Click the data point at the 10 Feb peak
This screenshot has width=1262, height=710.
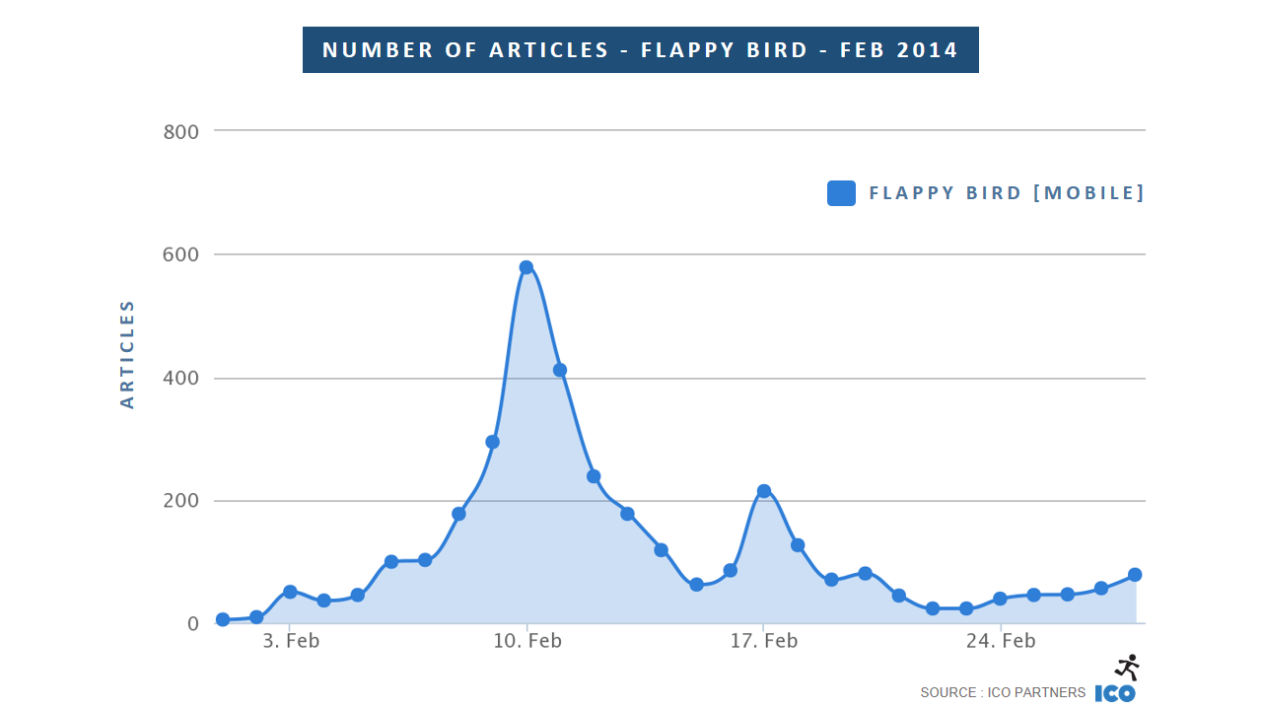click(526, 267)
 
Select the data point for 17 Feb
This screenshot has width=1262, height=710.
click(764, 491)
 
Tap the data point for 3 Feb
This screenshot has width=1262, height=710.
click(290, 592)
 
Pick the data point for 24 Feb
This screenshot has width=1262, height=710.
click(1000, 599)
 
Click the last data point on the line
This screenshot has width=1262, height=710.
click(1135, 575)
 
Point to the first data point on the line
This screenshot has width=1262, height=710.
click(223, 619)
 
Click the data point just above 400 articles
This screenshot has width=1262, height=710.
click(560, 370)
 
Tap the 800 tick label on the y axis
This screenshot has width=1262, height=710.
click(180, 131)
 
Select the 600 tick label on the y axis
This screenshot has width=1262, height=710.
click(180, 254)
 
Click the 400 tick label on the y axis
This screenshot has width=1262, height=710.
click(180, 379)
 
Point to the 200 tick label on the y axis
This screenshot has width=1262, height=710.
click(180, 501)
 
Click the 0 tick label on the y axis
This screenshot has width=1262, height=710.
click(192, 624)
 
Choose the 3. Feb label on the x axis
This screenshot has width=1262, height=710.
click(291, 642)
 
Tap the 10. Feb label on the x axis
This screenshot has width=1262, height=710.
click(527, 642)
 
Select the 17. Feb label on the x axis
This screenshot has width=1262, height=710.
click(764, 642)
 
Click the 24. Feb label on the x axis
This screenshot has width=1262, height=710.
click(1001, 642)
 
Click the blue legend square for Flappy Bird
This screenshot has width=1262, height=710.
click(841, 193)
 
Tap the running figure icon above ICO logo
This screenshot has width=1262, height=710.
click(1128, 667)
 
